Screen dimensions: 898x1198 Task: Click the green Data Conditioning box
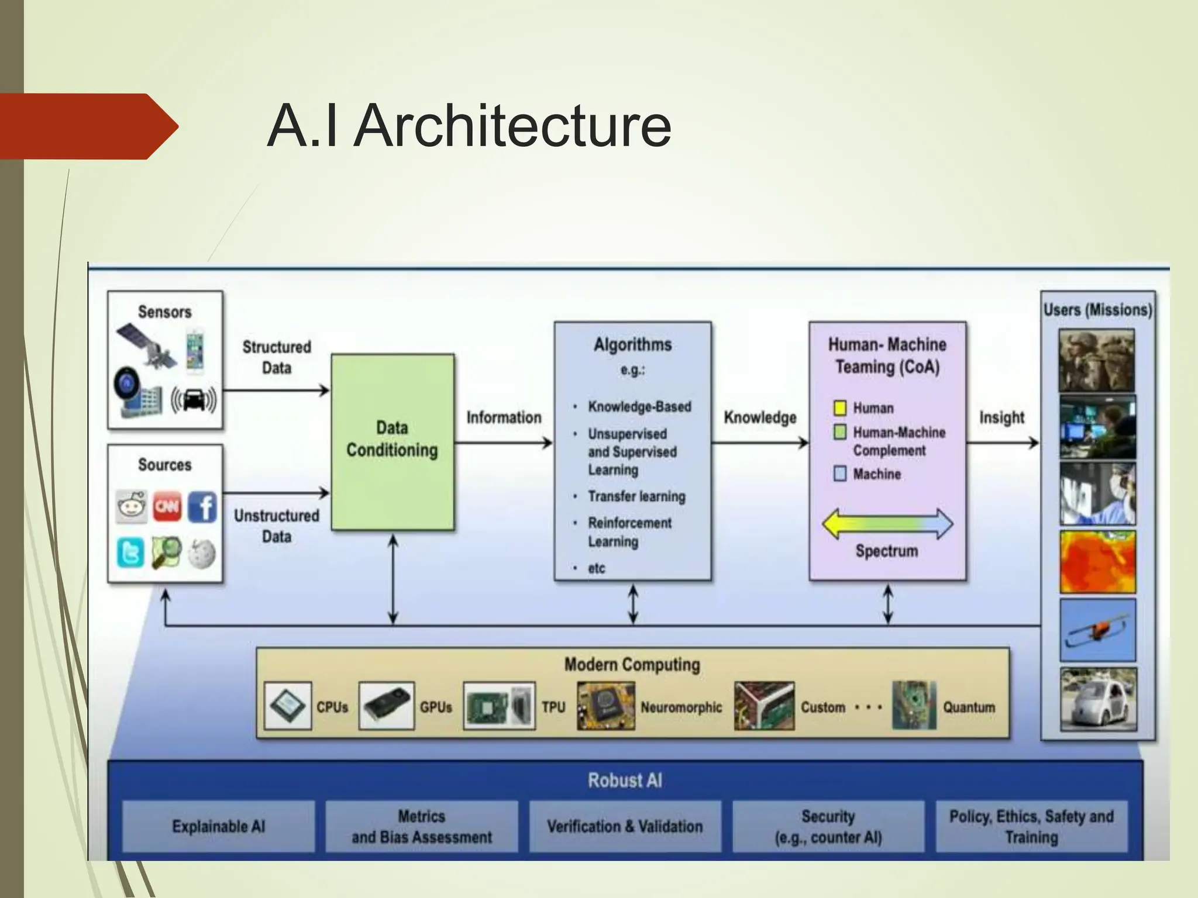coord(393,441)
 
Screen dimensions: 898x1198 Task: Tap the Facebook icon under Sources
coord(202,506)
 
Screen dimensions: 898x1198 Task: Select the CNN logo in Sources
coord(167,506)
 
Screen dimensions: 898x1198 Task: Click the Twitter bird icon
coord(130,552)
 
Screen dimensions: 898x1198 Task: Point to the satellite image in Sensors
coord(147,347)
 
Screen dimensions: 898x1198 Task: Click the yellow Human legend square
coord(840,407)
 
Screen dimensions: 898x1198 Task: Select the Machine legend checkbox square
coord(840,473)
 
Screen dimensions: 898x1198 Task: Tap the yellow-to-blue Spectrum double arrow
coord(887,523)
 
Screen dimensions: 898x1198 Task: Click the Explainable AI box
coord(218,826)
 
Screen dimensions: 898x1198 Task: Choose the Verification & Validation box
coord(625,826)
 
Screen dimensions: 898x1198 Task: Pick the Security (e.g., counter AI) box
coord(828,826)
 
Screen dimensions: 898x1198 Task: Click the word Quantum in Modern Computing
coord(969,707)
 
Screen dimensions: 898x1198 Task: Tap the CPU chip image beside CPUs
coord(287,706)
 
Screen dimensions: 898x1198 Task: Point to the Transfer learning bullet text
coord(636,496)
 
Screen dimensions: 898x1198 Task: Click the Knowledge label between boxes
coord(760,417)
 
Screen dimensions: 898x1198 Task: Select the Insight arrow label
coord(1001,417)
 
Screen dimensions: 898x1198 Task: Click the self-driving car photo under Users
coord(1098,700)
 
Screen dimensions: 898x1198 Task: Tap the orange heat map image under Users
coord(1097,562)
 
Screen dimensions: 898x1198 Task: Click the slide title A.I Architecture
coord(469,126)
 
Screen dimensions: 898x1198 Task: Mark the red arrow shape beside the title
coord(88,126)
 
